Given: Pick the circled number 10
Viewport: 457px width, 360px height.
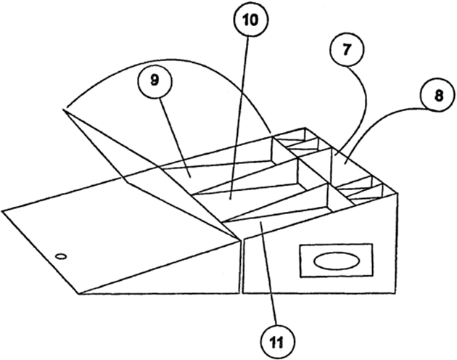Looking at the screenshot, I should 249,22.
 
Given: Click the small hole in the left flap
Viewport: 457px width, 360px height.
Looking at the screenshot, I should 61,255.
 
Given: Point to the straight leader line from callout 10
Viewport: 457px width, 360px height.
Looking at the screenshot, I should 242,109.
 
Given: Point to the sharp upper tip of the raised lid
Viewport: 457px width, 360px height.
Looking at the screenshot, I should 64,110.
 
